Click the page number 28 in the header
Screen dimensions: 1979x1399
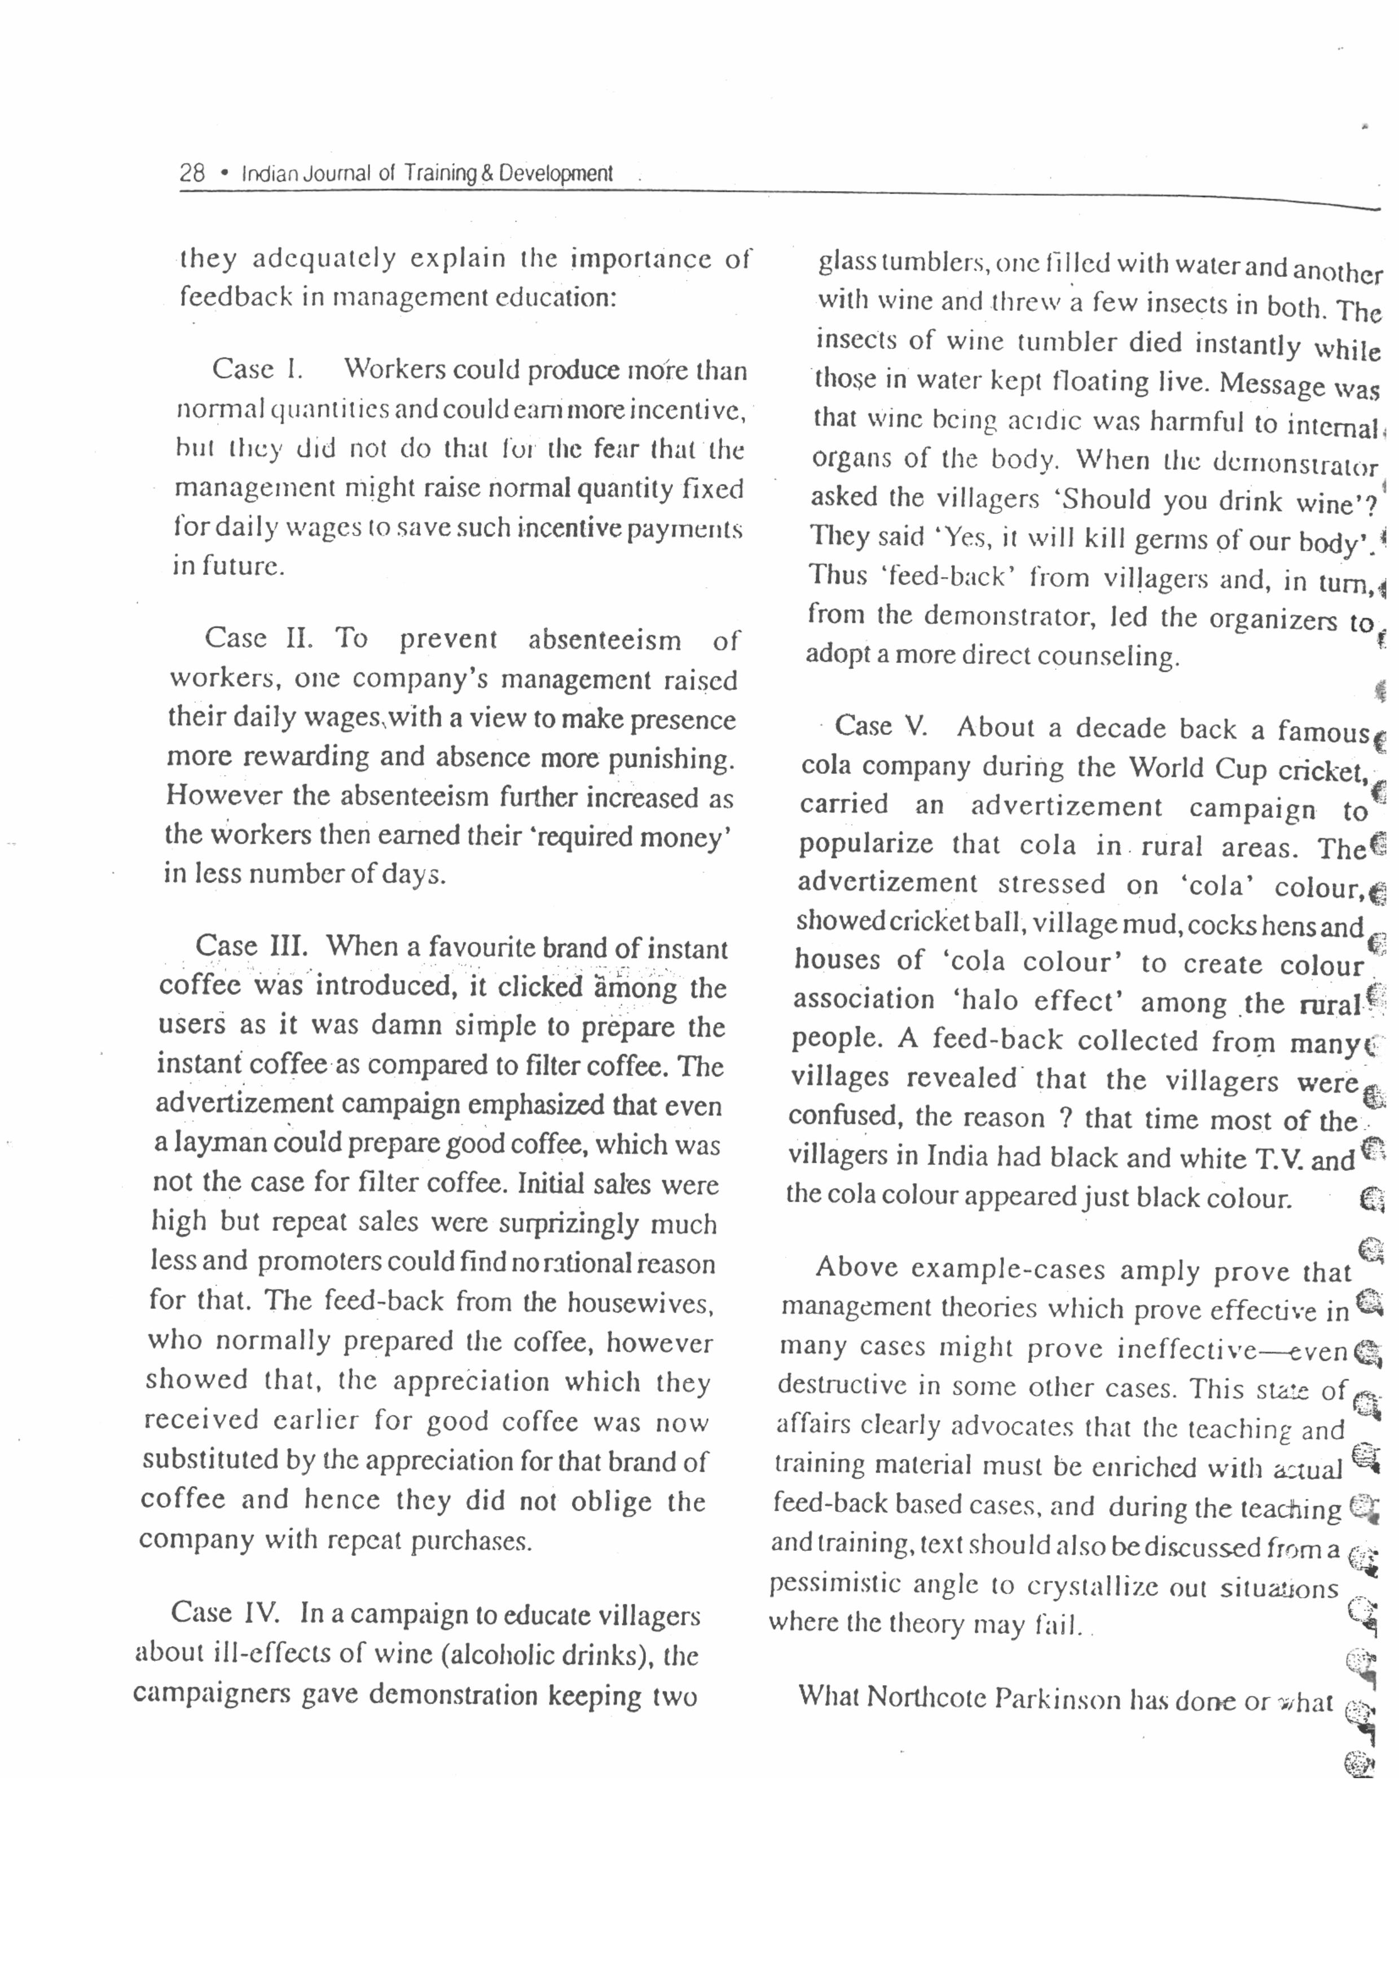(192, 173)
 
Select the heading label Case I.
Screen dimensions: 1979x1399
(258, 369)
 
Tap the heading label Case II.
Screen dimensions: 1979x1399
(258, 639)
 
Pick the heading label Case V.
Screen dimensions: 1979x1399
(881, 727)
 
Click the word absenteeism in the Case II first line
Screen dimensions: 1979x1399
(604, 640)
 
